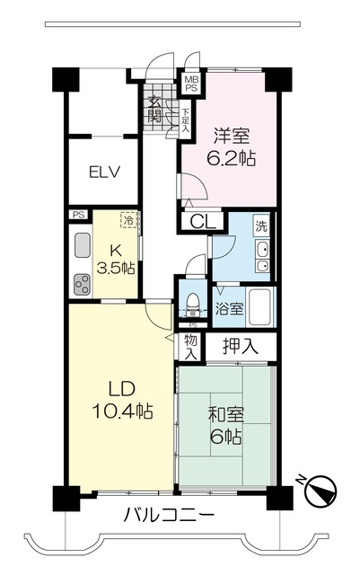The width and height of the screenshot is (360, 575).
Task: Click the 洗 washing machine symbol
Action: (x=260, y=226)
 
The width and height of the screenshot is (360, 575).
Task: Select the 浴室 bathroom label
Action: (x=229, y=309)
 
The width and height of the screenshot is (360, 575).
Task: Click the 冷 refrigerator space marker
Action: (x=130, y=220)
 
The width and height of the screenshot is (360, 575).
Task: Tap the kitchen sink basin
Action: (x=81, y=244)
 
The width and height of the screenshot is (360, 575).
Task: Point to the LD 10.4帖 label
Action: (x=122, y=402)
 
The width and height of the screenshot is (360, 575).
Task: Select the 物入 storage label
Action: (x=190, y=346)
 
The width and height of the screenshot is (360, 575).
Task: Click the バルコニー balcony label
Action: (x=169, y=516)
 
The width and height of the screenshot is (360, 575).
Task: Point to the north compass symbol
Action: (x=320, y=491)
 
